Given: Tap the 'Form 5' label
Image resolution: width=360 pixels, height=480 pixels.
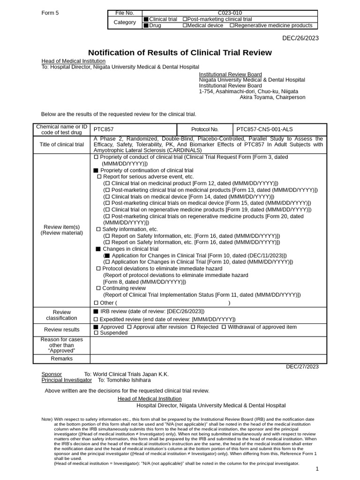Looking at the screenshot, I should tap(50, 13).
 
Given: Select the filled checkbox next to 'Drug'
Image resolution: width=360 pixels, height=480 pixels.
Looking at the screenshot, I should tap(146, 26).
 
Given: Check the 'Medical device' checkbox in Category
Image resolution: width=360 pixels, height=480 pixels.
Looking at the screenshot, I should tap(185, 26).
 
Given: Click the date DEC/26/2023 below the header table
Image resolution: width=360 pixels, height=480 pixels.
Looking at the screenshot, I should tap(300, 38).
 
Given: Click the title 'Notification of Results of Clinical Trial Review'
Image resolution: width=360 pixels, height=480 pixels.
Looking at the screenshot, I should tap(180, 52).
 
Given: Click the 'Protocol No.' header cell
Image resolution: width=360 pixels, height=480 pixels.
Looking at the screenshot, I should tap(205, 129).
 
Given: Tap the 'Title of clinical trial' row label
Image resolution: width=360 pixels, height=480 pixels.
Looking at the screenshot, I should tap(61, 144).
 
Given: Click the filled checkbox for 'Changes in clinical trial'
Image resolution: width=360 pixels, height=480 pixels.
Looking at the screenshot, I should tap(98, 249).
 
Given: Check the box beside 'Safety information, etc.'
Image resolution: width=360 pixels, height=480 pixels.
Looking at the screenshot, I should tap(98, 229).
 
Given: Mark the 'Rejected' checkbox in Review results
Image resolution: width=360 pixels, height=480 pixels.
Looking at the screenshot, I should tap(193, 327).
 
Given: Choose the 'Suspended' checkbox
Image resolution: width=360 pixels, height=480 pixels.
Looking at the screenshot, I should tap(96, 333).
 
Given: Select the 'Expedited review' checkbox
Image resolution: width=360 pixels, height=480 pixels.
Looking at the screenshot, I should tap(96, 319).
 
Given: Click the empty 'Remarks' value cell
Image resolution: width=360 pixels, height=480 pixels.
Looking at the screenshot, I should tap(208, 359).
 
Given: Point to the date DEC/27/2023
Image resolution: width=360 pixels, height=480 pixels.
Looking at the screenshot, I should tap(302, 367).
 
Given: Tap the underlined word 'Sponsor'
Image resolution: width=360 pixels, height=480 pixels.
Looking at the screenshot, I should tap(52, 374).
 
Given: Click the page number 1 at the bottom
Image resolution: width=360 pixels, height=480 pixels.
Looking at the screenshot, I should tap(317, 469).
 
